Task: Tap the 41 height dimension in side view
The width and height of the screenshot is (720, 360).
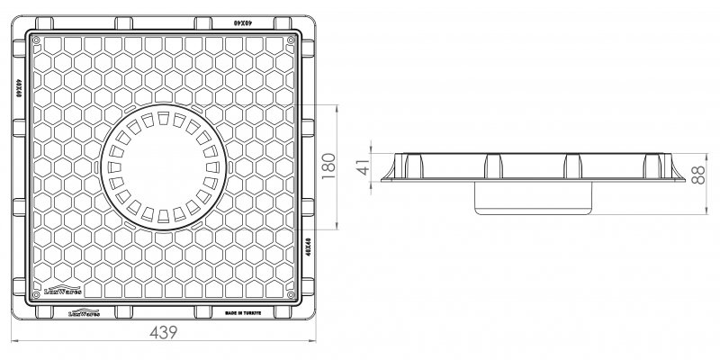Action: [363, 168]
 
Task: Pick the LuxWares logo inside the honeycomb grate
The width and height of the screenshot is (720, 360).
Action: [62, 292]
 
